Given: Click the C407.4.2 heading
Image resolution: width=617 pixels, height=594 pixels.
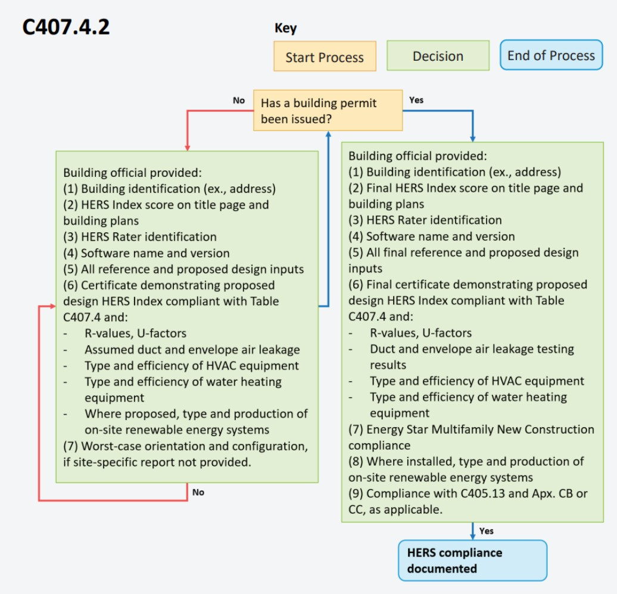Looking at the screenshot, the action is pos(66,27).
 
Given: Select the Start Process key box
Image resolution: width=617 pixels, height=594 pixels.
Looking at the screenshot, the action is pos(325,56).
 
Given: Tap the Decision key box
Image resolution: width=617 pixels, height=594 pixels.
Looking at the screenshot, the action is pos(438,55).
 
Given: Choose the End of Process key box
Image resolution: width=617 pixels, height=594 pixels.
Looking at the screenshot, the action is pos(551,55).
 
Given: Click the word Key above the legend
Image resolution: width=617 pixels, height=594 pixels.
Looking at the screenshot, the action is pos(285,28).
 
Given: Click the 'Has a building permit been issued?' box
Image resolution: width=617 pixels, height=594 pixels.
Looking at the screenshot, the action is pos(328,110).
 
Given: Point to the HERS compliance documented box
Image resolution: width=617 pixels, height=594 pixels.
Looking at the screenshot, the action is pos(473,561).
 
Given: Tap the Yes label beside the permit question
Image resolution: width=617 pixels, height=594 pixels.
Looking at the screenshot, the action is pos(416,100).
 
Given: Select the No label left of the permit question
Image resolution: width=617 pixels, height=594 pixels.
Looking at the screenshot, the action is pos(239,100).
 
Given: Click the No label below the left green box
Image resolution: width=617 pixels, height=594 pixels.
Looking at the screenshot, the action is pos(198,492).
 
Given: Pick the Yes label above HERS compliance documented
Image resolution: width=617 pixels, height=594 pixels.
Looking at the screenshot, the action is pos(487,531).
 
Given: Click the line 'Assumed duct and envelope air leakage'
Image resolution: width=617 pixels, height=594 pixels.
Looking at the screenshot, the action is pos(192,350).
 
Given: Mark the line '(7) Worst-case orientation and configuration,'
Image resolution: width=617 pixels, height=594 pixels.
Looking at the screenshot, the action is pos(185,446).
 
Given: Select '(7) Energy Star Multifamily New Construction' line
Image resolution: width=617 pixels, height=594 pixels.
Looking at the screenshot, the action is pos(472,429).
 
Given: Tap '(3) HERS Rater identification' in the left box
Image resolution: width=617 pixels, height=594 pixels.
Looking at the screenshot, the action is pos(140,237).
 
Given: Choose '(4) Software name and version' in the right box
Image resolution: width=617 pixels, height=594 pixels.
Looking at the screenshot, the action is pos(432,236).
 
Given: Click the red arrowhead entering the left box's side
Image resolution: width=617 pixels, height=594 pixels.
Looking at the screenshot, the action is pos(53,306).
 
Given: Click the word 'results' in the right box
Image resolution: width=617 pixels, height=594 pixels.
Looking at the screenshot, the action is pos(388,365).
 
